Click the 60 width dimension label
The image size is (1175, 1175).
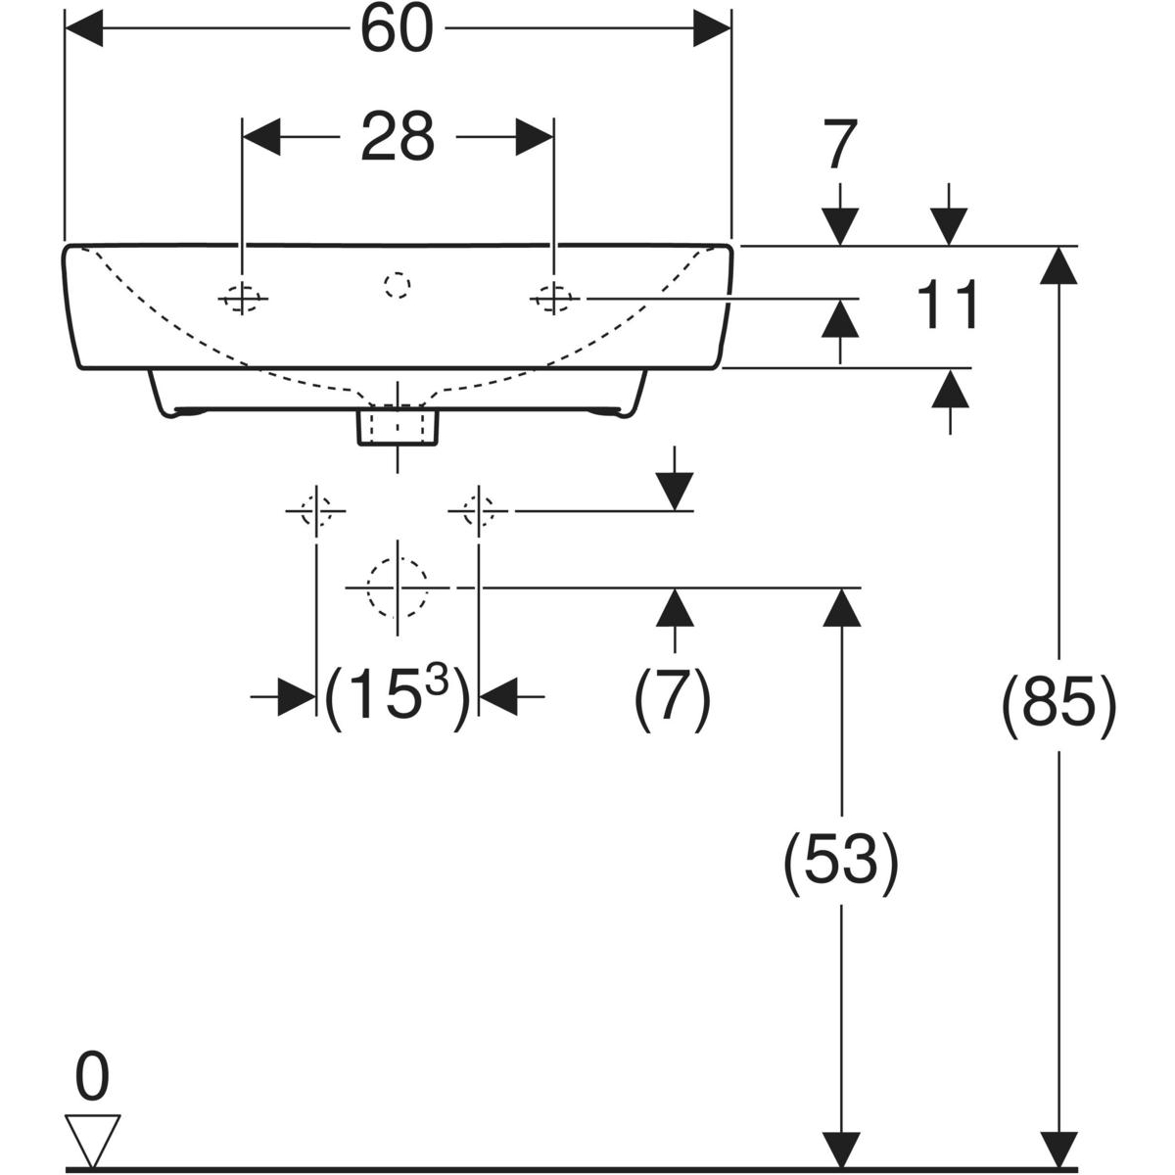(x=397, y=31)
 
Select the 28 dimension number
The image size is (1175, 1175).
(x=397, y=137)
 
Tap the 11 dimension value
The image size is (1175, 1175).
(x=948, y=305)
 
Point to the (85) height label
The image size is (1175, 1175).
(x=1058, y=705)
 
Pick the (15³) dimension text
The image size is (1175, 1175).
(x=397, y=697)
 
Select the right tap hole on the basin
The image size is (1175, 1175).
(x=553, y=296)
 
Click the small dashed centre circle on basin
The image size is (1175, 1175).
(x=397, y=285)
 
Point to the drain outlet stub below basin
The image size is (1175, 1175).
(x=398, y=427)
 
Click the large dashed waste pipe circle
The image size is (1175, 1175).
(x=397, y=587)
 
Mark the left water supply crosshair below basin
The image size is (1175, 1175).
(x=315, y=510)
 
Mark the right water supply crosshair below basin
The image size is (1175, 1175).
(x=478, y=510)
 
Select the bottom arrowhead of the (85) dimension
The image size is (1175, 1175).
(x=1058, y=1150)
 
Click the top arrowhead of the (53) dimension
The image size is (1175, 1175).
(x=840, y=607)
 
